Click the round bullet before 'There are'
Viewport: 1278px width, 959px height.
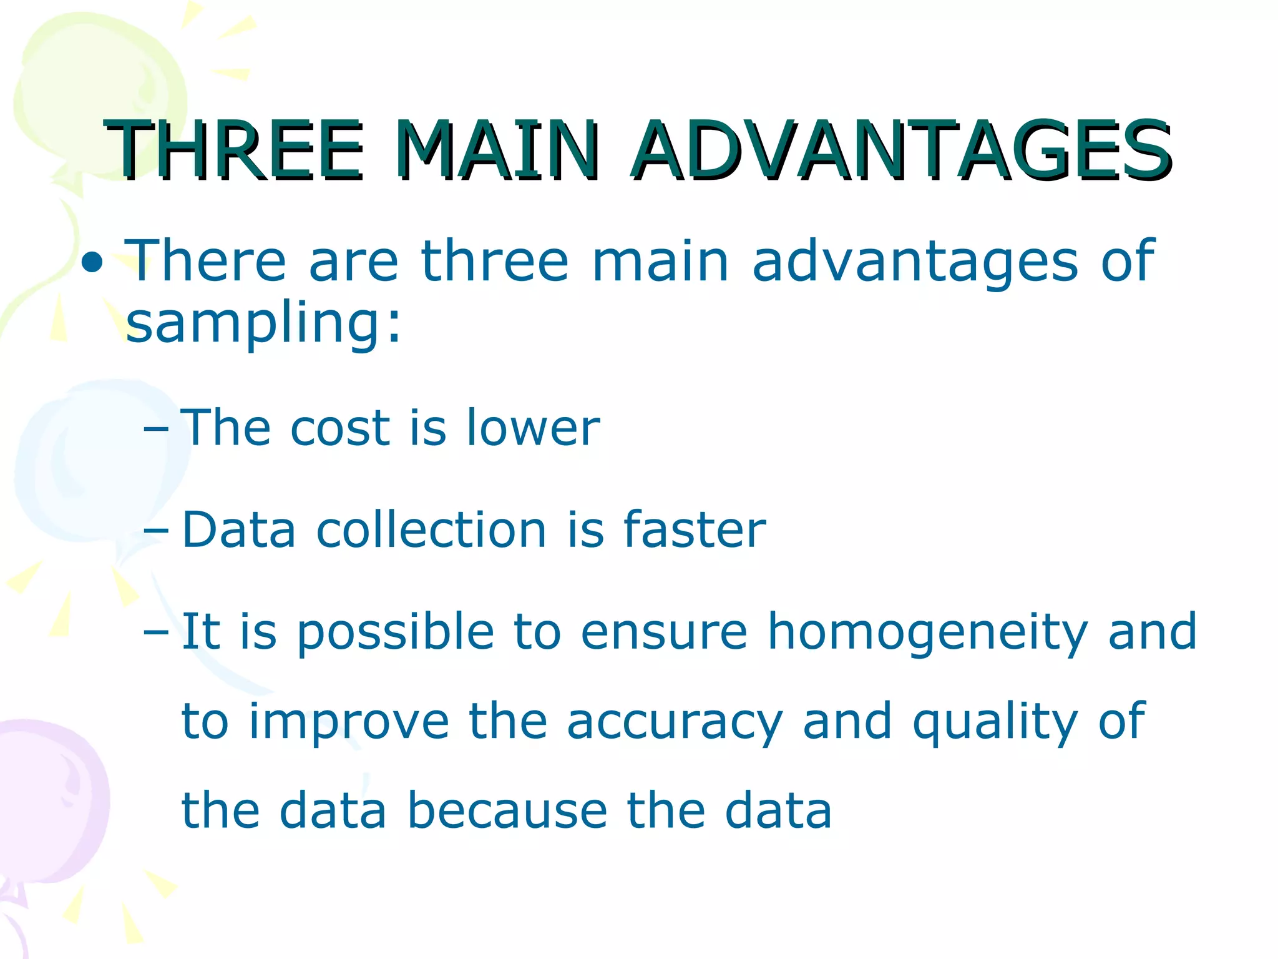pos(93,263)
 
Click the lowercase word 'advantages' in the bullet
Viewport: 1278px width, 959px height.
pos(915,261)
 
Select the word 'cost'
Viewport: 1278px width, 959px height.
pos(340,428)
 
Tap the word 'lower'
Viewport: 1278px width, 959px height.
pos(533,428)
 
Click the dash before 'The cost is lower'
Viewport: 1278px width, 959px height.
pos(155,429)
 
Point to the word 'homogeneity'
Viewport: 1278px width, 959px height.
pos(927,632)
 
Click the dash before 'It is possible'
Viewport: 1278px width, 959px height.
pos(155,632)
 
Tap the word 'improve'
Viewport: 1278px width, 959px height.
pos(349,722)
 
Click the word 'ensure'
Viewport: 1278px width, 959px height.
pos(664,632)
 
